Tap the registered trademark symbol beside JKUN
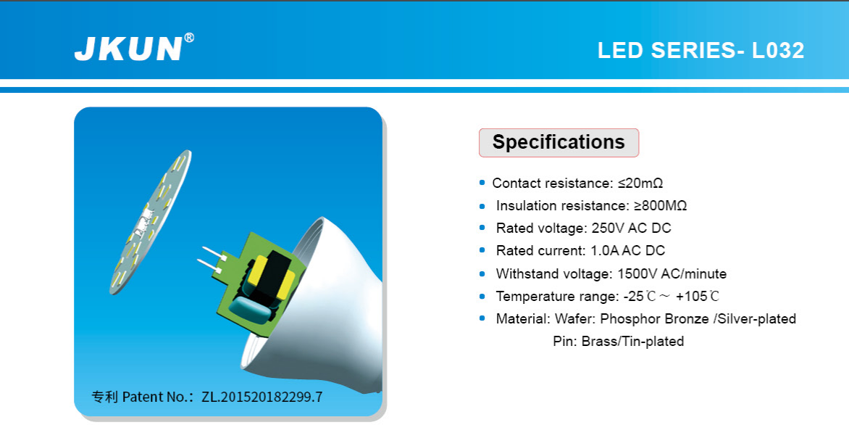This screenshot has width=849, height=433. [189, 38]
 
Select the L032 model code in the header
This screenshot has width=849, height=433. [777, 50]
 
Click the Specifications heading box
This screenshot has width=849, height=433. [559, 143]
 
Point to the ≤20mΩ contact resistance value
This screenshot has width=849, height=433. [640, 183]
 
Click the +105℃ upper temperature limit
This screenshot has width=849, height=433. [698, 297]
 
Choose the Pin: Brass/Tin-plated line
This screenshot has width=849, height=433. [619, 342]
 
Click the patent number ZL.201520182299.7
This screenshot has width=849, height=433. [262, 397]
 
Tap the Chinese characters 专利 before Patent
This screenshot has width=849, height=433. [104, 397]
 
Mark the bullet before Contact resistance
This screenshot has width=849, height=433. [482, 183]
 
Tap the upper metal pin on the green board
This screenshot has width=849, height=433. [213, 252]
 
